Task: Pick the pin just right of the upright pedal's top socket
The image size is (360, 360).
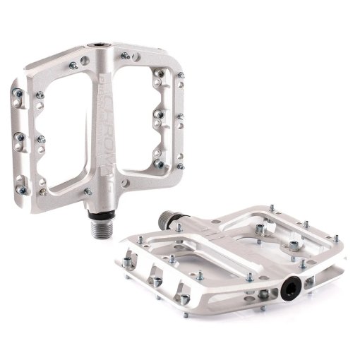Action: [125, 55]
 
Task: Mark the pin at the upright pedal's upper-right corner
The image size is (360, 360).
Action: [181, 74]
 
